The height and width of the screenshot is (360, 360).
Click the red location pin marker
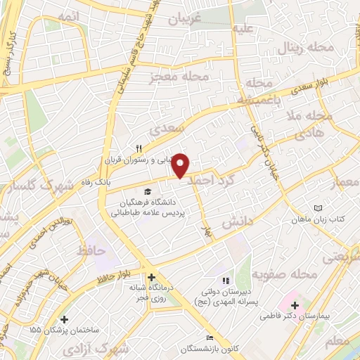coord(181,165)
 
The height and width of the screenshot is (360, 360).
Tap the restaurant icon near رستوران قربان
coord(139,148)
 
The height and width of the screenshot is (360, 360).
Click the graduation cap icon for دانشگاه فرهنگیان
coord(148,191)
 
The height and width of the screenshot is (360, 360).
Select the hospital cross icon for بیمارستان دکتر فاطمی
coord(295,306)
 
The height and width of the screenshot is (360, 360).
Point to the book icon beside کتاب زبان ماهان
coord(318,209)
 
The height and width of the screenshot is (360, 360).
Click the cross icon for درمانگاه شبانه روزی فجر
coord(151,277)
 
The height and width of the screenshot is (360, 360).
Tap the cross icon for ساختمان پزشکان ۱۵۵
coord(65,319)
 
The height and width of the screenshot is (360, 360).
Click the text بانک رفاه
coord(98,182)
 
